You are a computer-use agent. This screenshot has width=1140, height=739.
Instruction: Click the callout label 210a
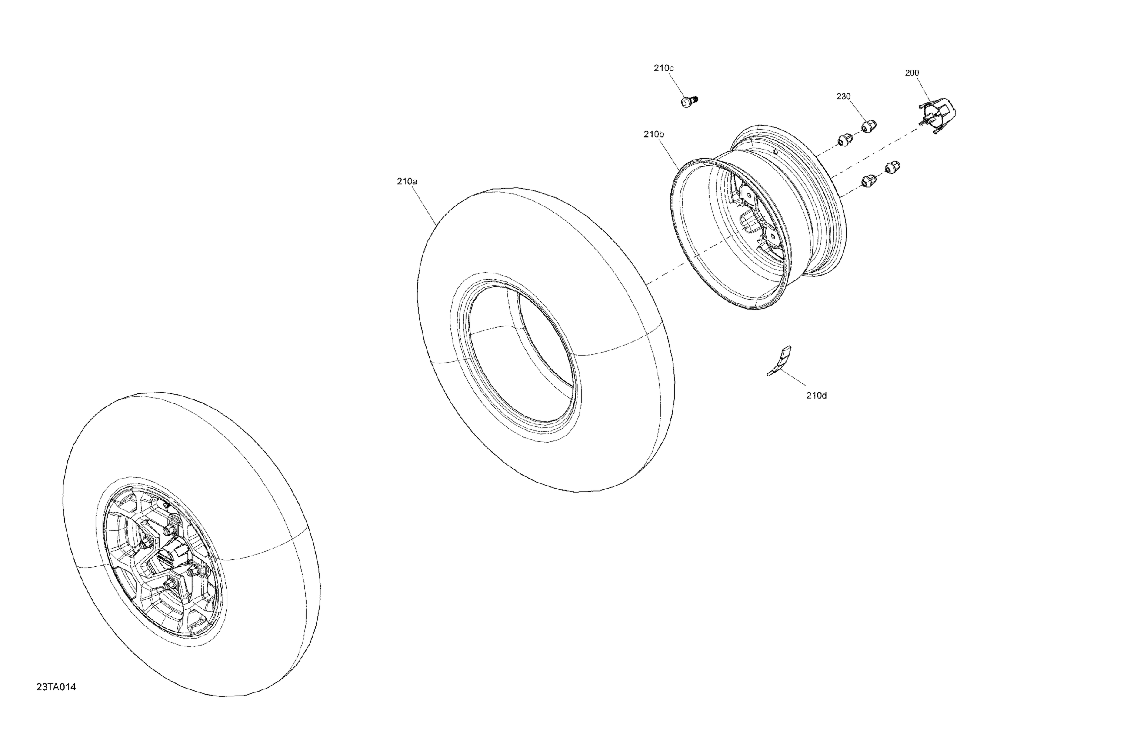tap(407, 182)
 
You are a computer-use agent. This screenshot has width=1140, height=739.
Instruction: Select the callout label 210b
tap(654, 135)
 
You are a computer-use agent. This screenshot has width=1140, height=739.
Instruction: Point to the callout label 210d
tap(816, 396)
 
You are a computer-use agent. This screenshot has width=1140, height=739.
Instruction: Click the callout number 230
tap(843, 96)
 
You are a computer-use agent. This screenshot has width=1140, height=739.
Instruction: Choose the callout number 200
tap(912, 73)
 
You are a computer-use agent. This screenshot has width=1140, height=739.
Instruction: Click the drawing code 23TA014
tap(56, 687)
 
